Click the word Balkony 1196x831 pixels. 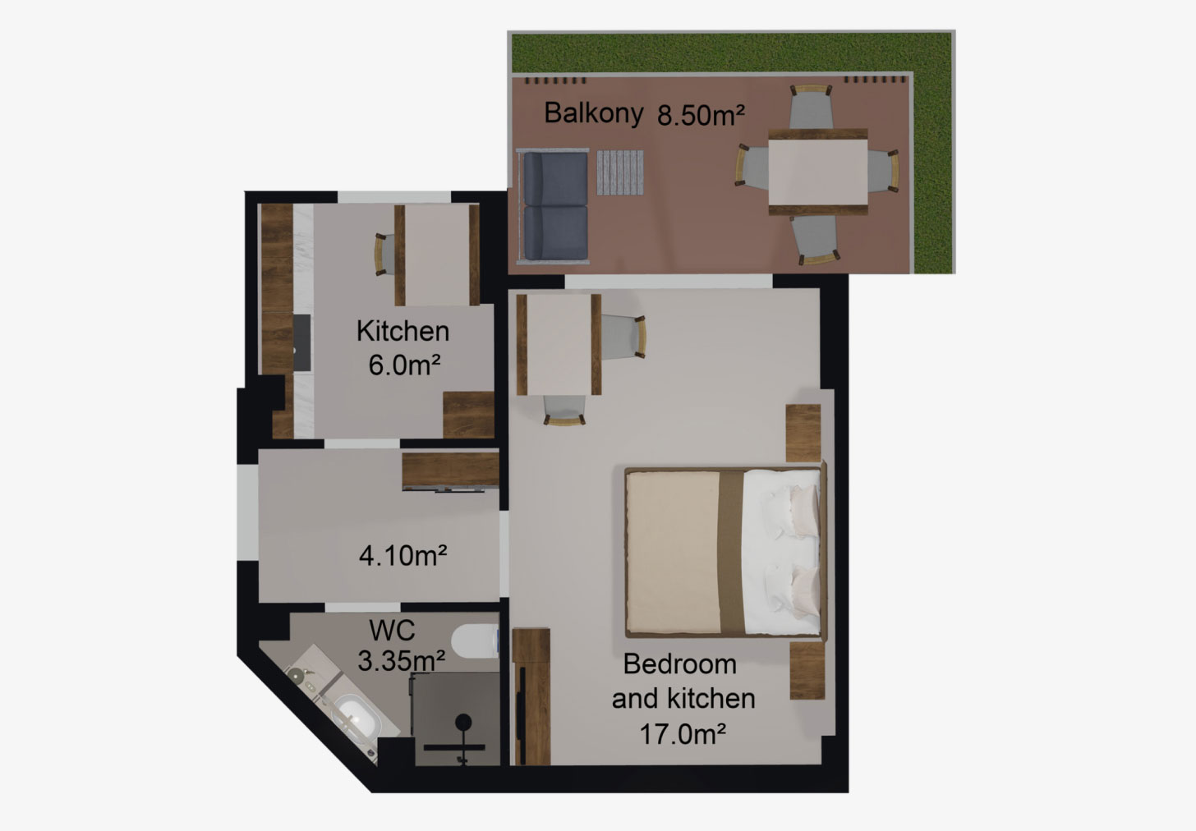593,113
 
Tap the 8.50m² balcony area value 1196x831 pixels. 701,115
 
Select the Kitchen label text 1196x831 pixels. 402,331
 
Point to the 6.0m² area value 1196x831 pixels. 404,365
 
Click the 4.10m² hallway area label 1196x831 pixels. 402,555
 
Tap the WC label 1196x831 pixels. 392,631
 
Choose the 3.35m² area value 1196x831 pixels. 401,661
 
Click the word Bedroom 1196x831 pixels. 679,664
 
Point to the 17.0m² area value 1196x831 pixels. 683,734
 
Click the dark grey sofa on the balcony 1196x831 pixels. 555,207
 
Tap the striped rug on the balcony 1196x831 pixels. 620,172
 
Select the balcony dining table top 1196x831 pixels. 818,172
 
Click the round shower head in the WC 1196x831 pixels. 463,723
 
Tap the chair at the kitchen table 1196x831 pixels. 384,255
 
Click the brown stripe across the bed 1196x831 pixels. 731,553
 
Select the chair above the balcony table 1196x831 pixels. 811,106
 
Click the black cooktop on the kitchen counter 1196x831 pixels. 301,342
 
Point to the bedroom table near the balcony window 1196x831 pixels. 559,344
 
